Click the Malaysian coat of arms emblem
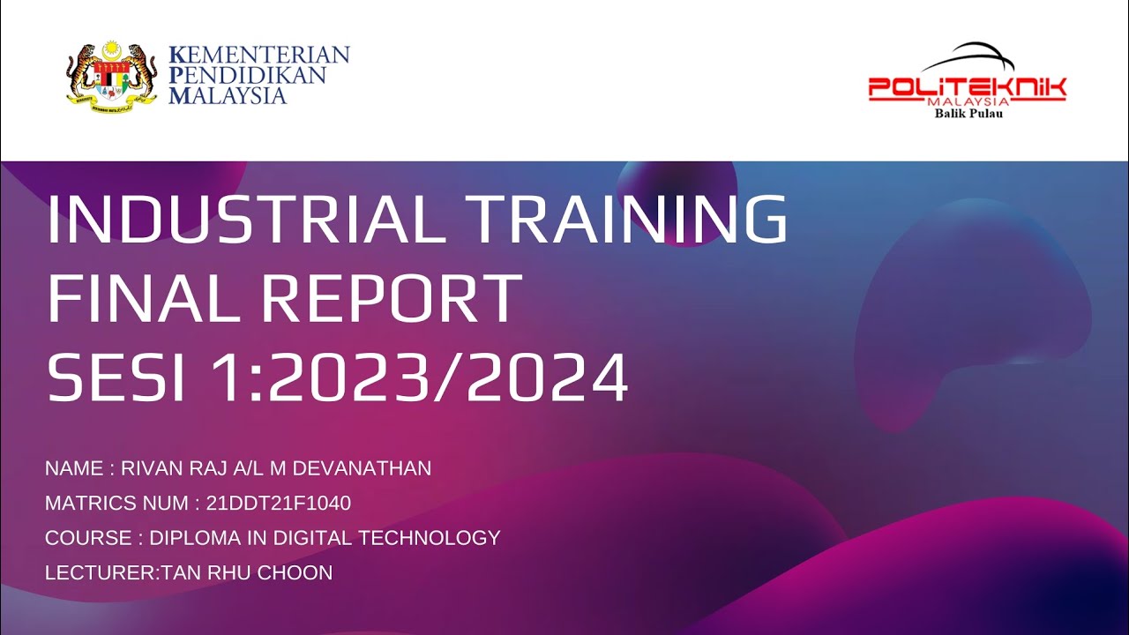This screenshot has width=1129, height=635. point(111,75)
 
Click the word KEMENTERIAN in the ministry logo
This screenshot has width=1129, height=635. point(258,55)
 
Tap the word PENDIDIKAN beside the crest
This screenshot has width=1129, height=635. point(247,75)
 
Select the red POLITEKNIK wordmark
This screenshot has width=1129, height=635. point(967,87)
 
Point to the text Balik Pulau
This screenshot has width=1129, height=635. point(968,113)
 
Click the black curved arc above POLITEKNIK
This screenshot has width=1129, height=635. point(970,55)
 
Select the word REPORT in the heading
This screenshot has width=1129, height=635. point(391,300)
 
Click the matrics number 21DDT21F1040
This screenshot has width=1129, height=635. point(279,504)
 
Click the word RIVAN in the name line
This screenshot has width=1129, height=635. point(147,468)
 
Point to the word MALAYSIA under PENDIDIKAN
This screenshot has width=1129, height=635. point(228,95)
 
